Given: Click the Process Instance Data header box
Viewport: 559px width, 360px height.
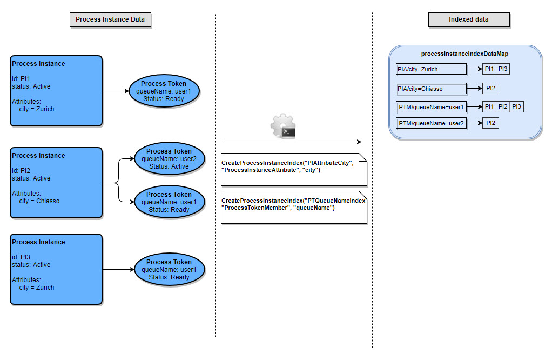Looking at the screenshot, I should pos(110,19).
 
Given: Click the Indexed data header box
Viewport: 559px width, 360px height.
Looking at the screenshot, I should pos(468,19).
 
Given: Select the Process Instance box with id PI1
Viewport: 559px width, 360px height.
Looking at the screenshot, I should pos(56,90).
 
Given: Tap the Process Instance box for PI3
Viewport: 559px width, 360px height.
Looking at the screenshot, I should pos(56,269).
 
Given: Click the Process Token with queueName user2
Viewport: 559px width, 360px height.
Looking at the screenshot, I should pos(169,159).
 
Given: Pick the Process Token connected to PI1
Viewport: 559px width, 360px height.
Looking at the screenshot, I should pos(164,91).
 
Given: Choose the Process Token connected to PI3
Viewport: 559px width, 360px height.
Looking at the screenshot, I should pos(169,269).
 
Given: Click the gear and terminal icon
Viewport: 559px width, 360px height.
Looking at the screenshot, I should pos(282,126).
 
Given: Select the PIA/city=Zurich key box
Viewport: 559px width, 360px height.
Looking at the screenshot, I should pos(431,69).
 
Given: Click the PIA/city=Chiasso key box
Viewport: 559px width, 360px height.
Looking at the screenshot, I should pos(431,88).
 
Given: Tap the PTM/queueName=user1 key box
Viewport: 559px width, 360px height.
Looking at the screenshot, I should pos(431,107).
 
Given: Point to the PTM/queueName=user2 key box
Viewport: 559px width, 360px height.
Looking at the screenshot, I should pos(431,123).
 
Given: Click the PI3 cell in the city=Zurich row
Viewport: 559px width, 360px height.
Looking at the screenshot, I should pos(503,69).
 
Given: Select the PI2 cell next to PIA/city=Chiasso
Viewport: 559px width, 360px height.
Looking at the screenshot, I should pos(490,88).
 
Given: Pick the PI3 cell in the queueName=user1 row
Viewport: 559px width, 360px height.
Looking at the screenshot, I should pos(516,107).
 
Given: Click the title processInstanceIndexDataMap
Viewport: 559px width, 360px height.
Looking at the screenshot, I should pos(464,54).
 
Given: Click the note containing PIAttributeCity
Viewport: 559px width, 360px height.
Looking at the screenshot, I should pos(293,169).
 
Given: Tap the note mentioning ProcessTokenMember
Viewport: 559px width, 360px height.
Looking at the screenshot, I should pos(293,207).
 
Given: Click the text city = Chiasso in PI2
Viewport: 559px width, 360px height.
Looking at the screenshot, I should pos(39,201).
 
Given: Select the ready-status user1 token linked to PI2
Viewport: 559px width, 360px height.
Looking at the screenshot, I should pos(169,202).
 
